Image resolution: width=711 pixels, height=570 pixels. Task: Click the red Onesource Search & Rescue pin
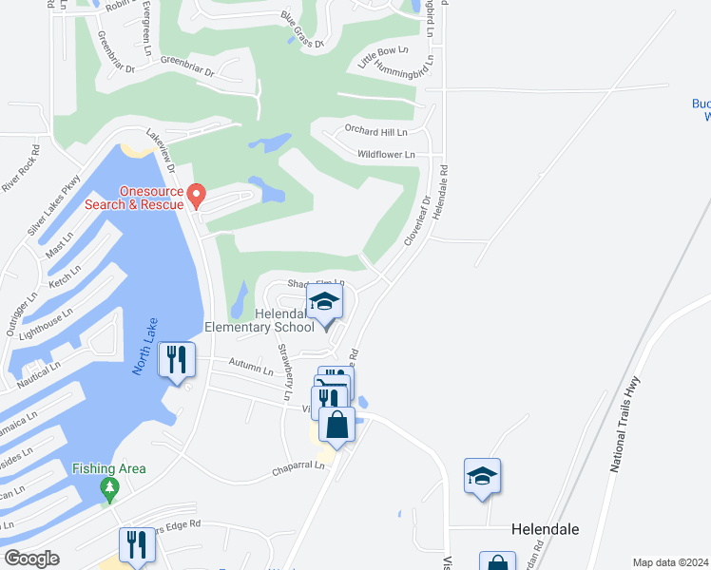(x=197, y=195)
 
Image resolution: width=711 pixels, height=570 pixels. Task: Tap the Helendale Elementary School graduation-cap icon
(x=325, y=304)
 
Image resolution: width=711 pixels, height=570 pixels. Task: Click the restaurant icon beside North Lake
(x=177, y=360)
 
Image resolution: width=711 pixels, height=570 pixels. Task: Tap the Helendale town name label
(x=545, y=528)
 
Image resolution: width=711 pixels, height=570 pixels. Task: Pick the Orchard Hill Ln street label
(x=375, y=131)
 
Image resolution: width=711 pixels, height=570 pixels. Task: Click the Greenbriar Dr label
(x=187, y=66)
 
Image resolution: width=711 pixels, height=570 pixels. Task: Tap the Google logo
(x=31, y=559)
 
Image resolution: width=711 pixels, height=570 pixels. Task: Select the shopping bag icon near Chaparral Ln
(x=337, y=424)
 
